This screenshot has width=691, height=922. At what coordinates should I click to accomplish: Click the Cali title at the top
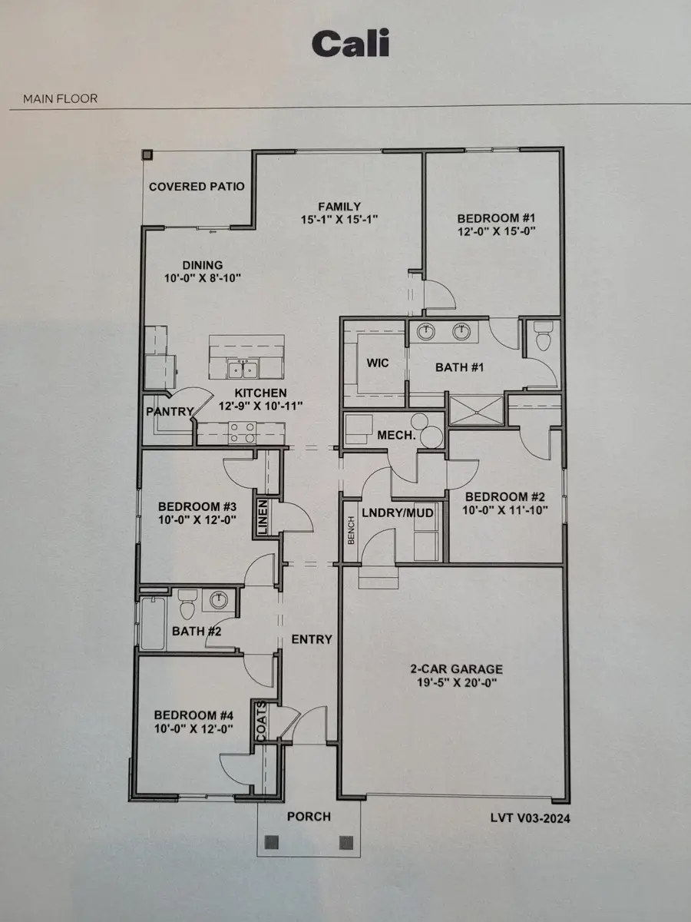(x=350, y=44)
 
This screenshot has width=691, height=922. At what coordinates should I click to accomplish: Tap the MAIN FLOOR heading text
(x=60, y=99)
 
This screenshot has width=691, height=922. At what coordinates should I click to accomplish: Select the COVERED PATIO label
(x=197, y=187)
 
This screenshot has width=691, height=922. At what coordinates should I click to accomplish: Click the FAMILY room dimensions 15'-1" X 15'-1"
(x=340, y=219)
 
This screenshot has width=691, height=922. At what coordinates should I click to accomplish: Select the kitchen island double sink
(x=244, y=370)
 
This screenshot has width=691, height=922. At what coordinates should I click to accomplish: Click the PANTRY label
(x=169, y=412)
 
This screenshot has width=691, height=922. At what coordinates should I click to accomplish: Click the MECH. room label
(x=395, y=435)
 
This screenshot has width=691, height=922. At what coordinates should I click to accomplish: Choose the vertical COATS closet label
(x=261, y=720)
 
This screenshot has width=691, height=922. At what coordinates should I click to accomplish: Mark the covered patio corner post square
(x=147, y=154)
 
